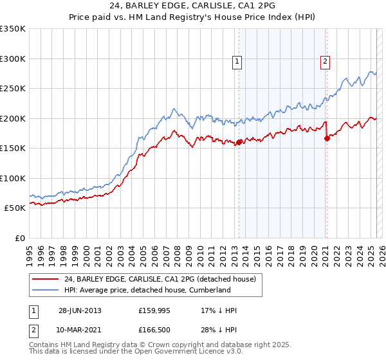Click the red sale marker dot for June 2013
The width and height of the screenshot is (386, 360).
(x=239, y=142)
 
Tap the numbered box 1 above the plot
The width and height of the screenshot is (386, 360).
(x=237, y=62)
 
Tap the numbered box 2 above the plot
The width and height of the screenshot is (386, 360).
(x=325, y=62)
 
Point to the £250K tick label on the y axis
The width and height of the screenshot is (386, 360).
(x=13, y=89)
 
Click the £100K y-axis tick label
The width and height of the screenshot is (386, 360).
(x=13, y=178)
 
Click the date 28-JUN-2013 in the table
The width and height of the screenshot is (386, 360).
(x=80, y=310)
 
